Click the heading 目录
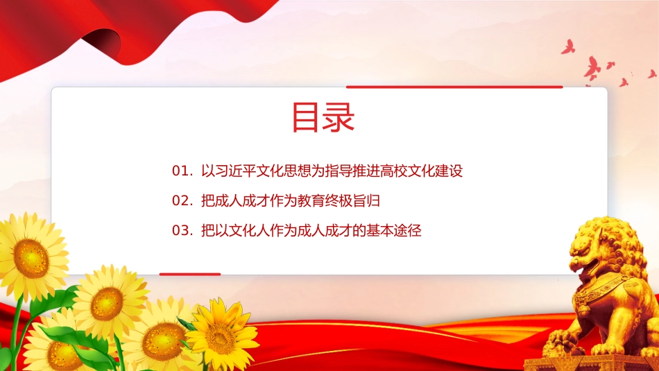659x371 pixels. (323, 117)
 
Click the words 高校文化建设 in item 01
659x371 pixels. (422, 171)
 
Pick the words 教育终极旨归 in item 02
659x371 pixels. (339, 201)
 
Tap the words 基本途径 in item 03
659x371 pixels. (394, 231)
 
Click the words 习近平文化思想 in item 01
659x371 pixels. (263, 171)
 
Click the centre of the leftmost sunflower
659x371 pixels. (31, 258)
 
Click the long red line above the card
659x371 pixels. (454, 87)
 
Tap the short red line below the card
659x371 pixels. (190, 275)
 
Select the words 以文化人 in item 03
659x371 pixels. (242, 231)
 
